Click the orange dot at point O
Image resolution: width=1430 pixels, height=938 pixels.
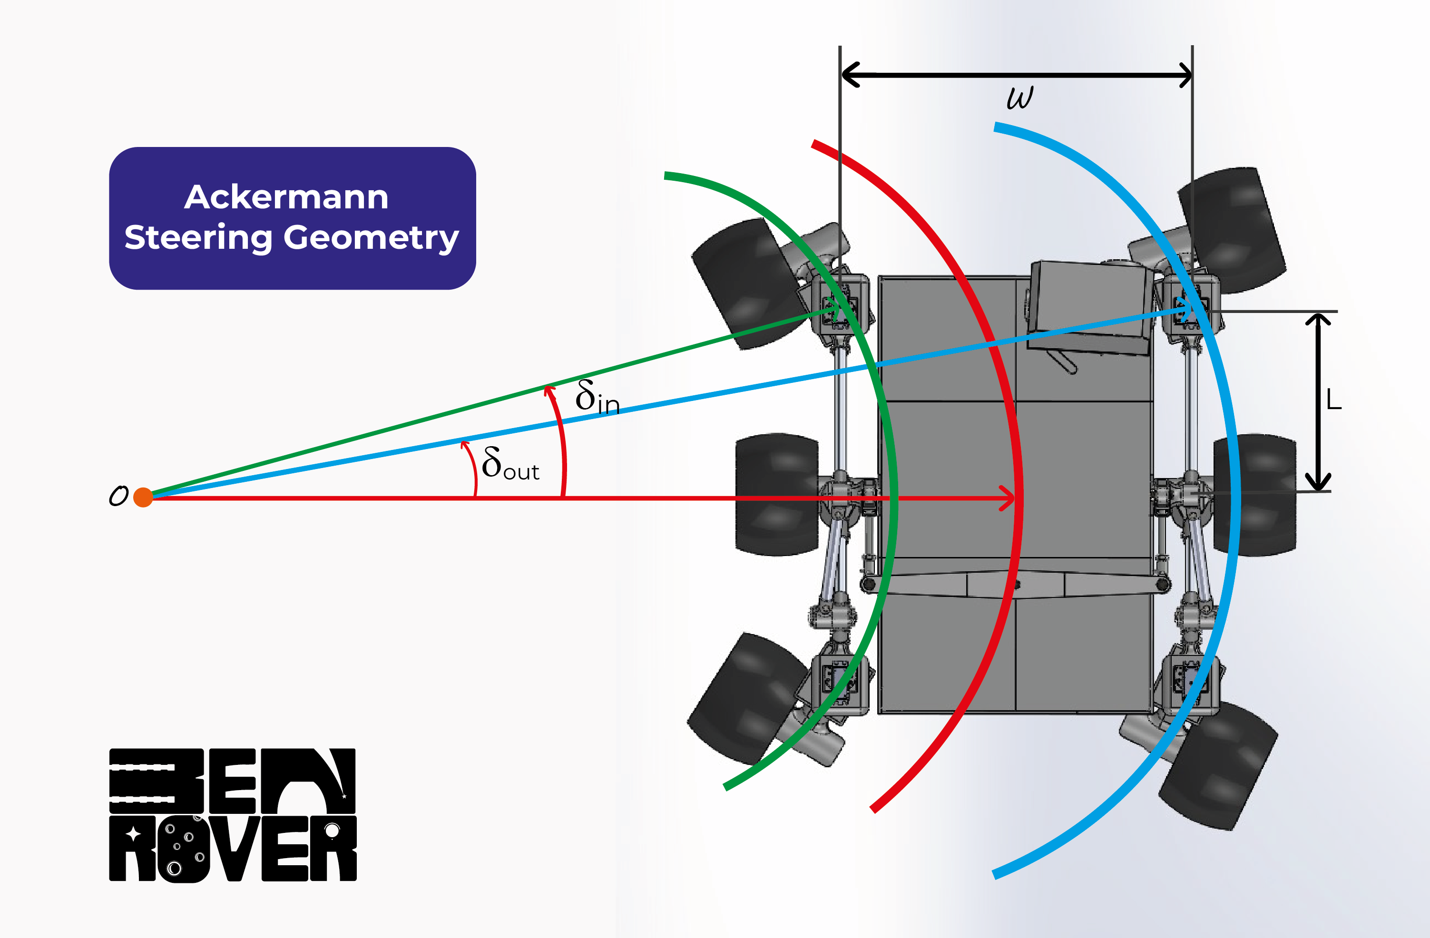click(143, 497)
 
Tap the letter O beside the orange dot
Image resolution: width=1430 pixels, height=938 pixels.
click(118, 496)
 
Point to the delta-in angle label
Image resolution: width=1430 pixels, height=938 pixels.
click(596, 397)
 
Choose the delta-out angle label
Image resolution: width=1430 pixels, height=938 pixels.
click(509, 465)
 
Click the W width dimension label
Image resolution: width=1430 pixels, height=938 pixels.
click(1019, 98)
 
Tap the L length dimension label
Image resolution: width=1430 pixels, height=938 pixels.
click(1334, 400)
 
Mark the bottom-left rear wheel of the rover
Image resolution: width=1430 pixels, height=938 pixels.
click(745, 698)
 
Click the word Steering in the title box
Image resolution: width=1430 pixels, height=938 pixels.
click(198, 237)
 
